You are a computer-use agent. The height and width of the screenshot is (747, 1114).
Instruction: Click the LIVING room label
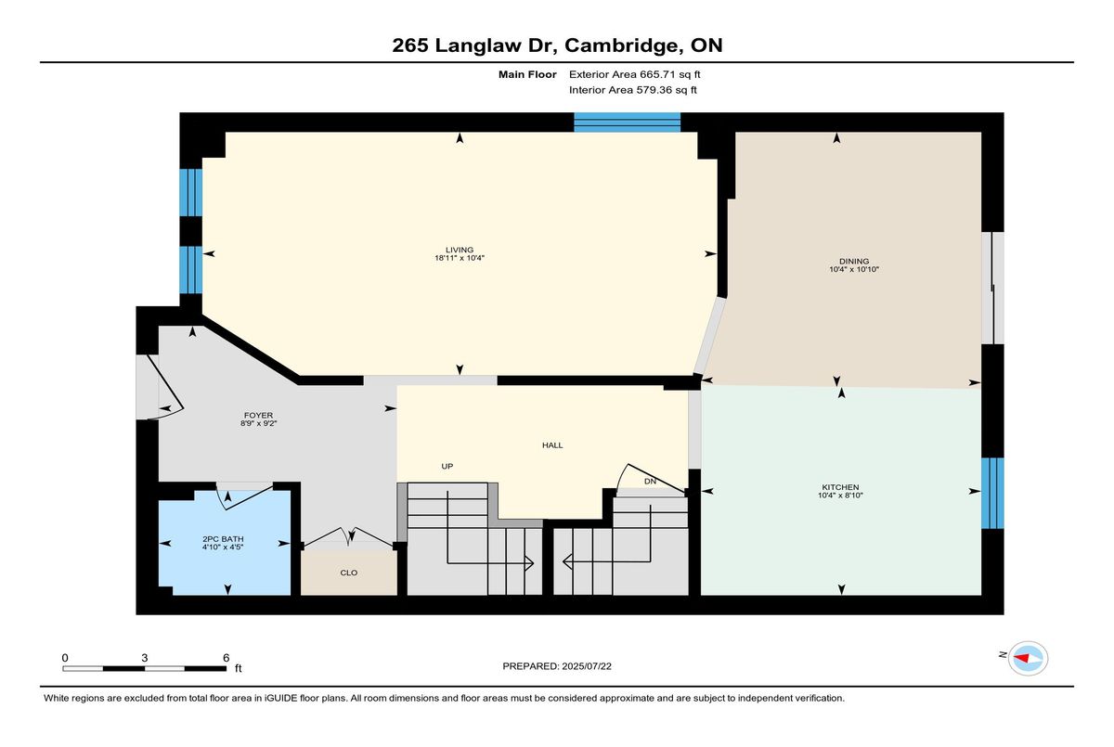pyautogui.click(x=459, y=250)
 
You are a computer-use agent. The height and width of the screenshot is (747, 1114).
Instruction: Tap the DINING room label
pyautogui.click(x=854, y=261)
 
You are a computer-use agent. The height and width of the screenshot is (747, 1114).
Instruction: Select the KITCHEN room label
pyautogui.click(x=840, y=487)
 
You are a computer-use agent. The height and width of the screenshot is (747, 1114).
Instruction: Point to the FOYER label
pyautogui.click(x=258, y=415)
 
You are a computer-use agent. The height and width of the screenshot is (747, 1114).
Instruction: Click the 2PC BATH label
pyautogui.click(x=223, y=539)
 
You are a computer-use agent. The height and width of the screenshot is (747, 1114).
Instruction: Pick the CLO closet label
pyautogui.click(x=349, y=573)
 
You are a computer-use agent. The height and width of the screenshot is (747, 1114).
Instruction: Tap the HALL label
pyautogui.click(x=552, y=445)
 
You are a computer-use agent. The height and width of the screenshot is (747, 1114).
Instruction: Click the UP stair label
pyautogui.click(x=447, y=466)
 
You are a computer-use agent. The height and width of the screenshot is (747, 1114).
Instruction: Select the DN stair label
pyautogui.click(x=650, y=481)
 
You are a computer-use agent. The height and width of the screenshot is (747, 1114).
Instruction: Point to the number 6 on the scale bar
pyautogui.click(x=226, y=658)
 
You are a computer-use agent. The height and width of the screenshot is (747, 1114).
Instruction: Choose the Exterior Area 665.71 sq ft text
pyautogui.click(x=635, y=74)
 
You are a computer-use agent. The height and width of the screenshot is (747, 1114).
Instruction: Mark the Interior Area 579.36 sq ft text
pyautogui.click(x=632, y=90)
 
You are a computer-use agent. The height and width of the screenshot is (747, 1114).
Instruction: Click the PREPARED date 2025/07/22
pyautogui.click(x=587, y=666)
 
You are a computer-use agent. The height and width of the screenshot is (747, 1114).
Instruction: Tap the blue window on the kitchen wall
pyautogui.click(x=992, y=493)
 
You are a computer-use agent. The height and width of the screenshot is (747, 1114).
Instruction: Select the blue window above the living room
pyautogui.click(x=628, y=122)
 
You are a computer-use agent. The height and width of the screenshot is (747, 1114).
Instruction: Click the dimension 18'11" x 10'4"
pyautogui.click(x=459, y=258)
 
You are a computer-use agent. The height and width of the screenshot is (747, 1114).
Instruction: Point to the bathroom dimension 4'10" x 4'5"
pyautogui.click(x=223, y=547)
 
